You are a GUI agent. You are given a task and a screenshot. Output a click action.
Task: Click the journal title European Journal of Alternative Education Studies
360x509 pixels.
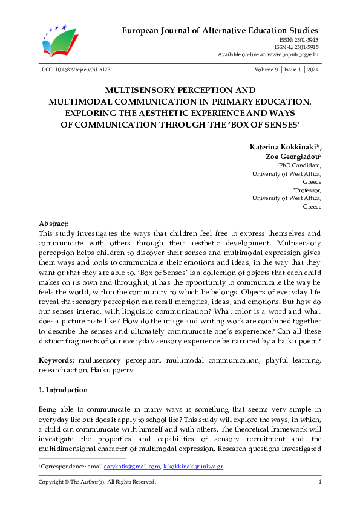(220, 30)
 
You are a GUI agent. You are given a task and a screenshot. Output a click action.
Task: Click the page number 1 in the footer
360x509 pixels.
(319, 482)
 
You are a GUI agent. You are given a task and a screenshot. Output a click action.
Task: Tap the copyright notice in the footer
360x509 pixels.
(97, 482)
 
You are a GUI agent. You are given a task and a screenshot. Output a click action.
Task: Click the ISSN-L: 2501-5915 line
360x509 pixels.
(296, 47)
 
